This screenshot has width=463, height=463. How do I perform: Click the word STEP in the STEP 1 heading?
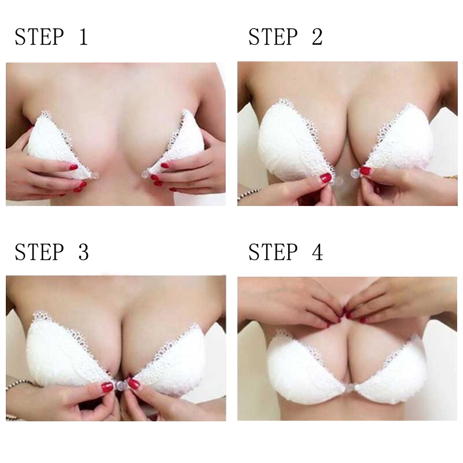click(39, 37)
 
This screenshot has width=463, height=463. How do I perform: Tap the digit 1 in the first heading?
click(83, 37)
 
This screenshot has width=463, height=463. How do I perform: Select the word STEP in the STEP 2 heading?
click(273, 37)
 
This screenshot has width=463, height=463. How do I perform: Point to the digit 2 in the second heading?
click(317, 37)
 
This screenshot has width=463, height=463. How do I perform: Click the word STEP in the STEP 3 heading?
click(39, 252)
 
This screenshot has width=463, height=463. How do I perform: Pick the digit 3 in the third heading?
click(83, 252)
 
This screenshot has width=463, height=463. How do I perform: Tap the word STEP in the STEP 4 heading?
click(273, 252)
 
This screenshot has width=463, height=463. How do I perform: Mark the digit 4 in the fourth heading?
click(317, 252)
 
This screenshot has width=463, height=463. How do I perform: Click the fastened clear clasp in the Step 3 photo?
click(120, 385)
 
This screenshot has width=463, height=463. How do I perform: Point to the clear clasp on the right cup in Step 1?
click(146, 173)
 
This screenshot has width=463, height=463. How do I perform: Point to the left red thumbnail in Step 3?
click(107, 387)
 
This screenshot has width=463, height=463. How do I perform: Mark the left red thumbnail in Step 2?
click(326, 178)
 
